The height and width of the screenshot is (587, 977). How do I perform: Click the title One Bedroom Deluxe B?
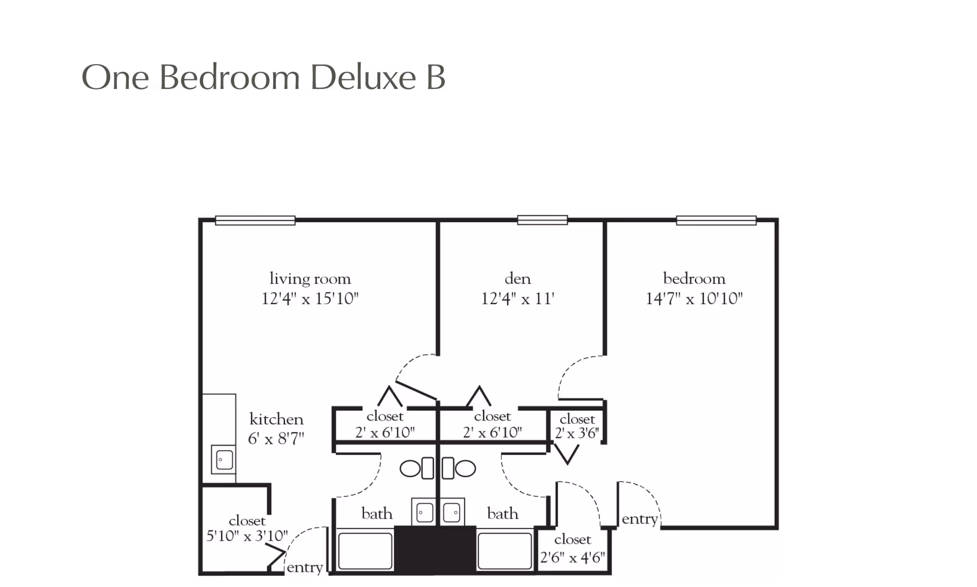(263, 78)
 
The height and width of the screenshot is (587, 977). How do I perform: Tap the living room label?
(310, 279)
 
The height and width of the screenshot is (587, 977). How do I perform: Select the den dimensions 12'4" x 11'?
(518, 299)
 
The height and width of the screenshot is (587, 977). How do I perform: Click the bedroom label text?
(694, 279)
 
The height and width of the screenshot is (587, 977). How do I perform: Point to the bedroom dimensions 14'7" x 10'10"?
(694, 299)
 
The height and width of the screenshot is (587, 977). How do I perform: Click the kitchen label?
(276, 420)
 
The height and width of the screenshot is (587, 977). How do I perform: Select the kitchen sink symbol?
(224, 460)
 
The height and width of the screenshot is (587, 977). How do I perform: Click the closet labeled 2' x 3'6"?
(577, 426)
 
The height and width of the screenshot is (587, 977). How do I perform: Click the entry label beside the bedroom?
(640, 519)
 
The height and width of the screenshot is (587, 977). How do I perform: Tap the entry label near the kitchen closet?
(305, 568)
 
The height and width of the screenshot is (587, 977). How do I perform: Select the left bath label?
(377, 514)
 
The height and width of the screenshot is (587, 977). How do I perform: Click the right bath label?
(503, 514)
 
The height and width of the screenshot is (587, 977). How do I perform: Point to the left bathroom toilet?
(416, 468)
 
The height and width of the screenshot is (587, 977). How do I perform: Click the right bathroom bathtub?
(504, 551)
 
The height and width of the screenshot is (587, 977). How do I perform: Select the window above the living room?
(255, 220)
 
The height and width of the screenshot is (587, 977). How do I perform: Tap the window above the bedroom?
(716, 220)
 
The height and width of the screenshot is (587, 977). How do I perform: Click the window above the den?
(542, 220)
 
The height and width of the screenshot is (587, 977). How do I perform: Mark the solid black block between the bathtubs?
(435, 550)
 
